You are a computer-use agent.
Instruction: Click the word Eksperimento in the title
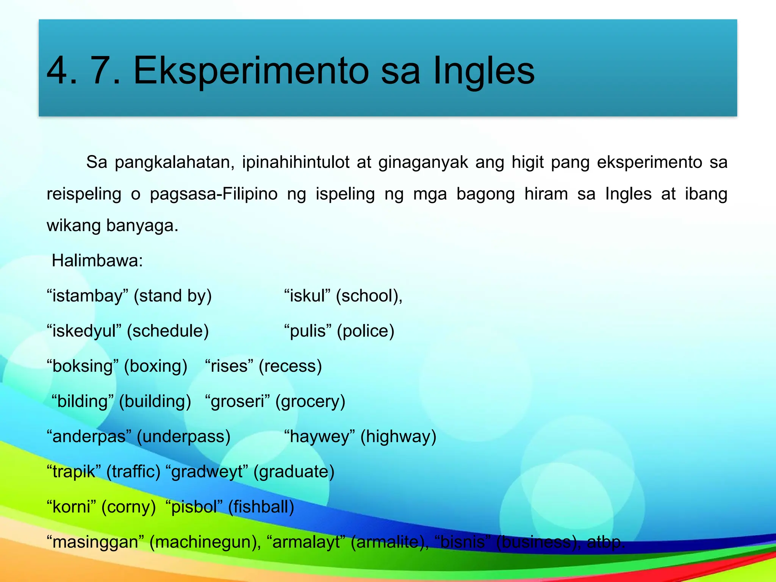tap(251, 70)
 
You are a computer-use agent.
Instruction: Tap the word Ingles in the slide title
tap(483, 70)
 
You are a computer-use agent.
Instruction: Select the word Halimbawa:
tap(97, 261)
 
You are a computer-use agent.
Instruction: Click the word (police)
tap(366, 331)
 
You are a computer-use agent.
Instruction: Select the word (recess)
tap(290, 366)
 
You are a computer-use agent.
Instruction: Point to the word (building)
tap(155, 402)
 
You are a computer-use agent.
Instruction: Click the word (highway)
tap(398, 436)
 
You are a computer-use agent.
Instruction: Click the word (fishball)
tap(261, 507)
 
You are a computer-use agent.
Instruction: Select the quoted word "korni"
tap(71, 507)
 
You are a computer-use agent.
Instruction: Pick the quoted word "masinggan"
tap(95, 542)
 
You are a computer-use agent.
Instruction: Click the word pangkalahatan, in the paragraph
tap(175, 163)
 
